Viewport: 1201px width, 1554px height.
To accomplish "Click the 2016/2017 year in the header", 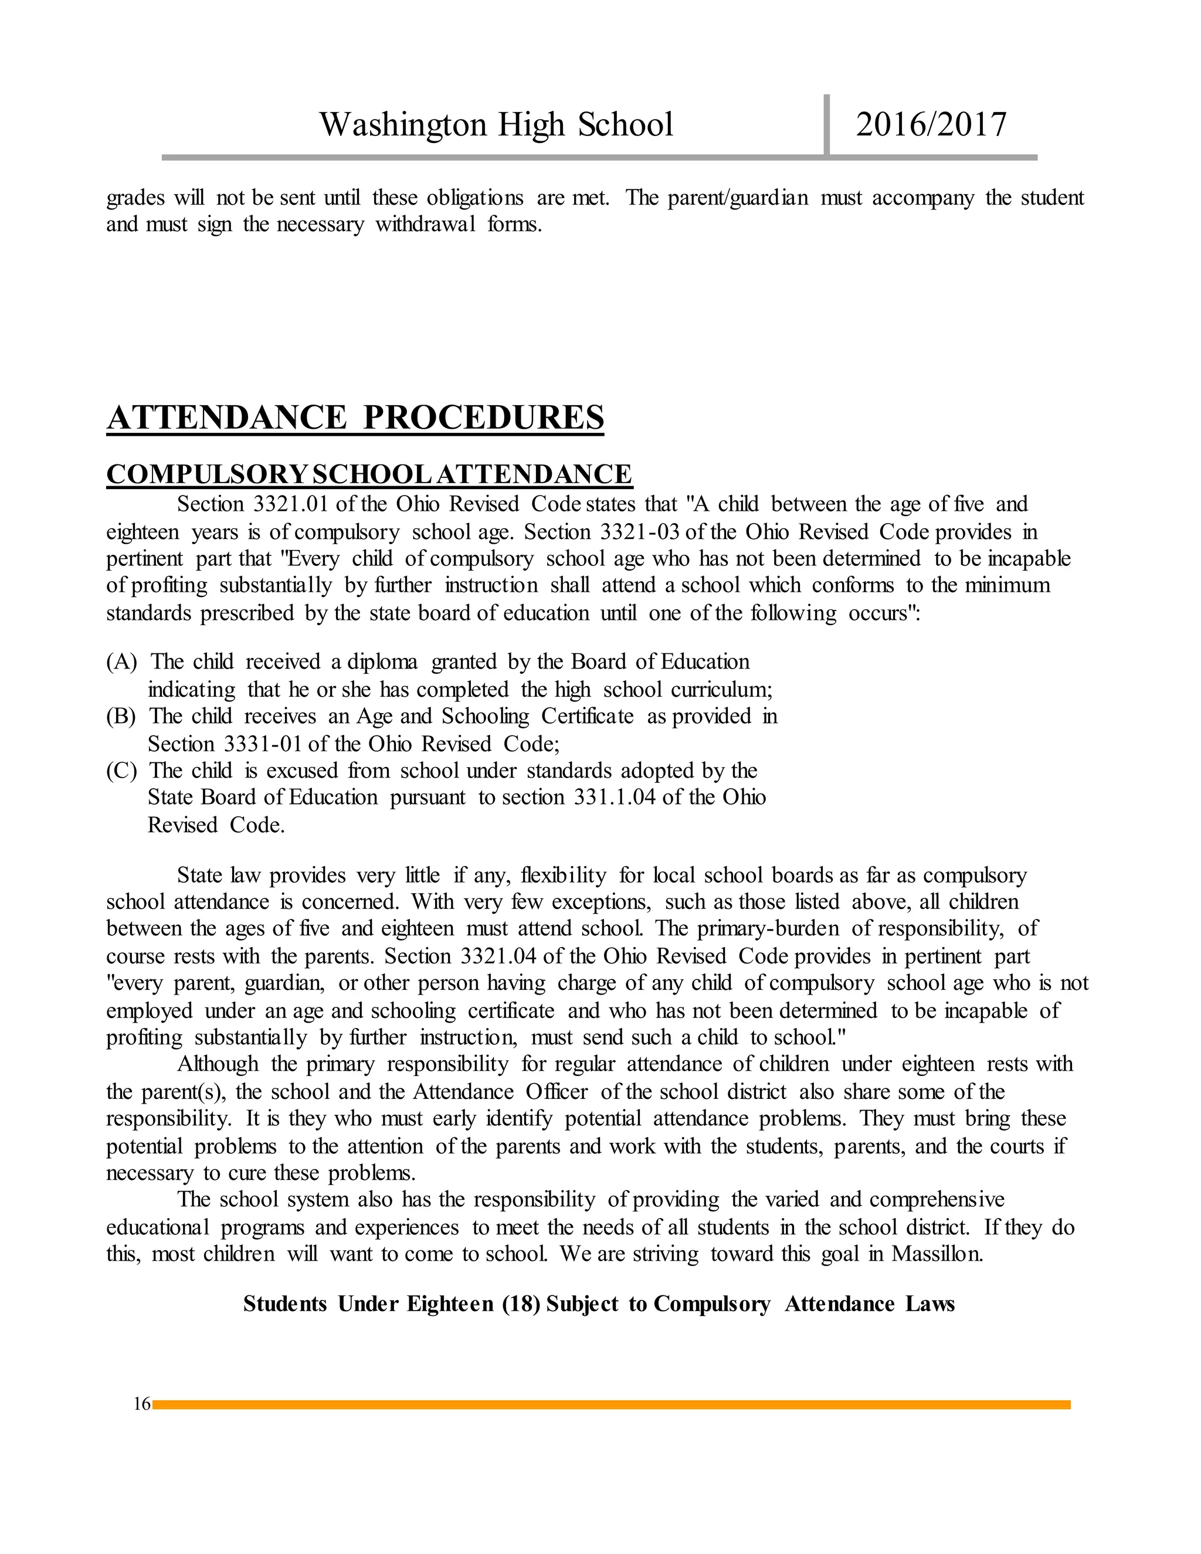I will [931, 124].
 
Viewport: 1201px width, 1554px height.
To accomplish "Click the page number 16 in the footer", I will [141, 1404].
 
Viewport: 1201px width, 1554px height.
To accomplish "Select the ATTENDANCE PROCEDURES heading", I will [355, 418].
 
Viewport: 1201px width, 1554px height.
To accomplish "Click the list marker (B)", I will [121, 717].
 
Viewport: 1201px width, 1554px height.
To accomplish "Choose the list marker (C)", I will [121, 771].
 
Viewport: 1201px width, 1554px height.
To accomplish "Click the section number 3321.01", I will [290, 504].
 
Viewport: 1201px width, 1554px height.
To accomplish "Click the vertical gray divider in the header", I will [827, 124].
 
